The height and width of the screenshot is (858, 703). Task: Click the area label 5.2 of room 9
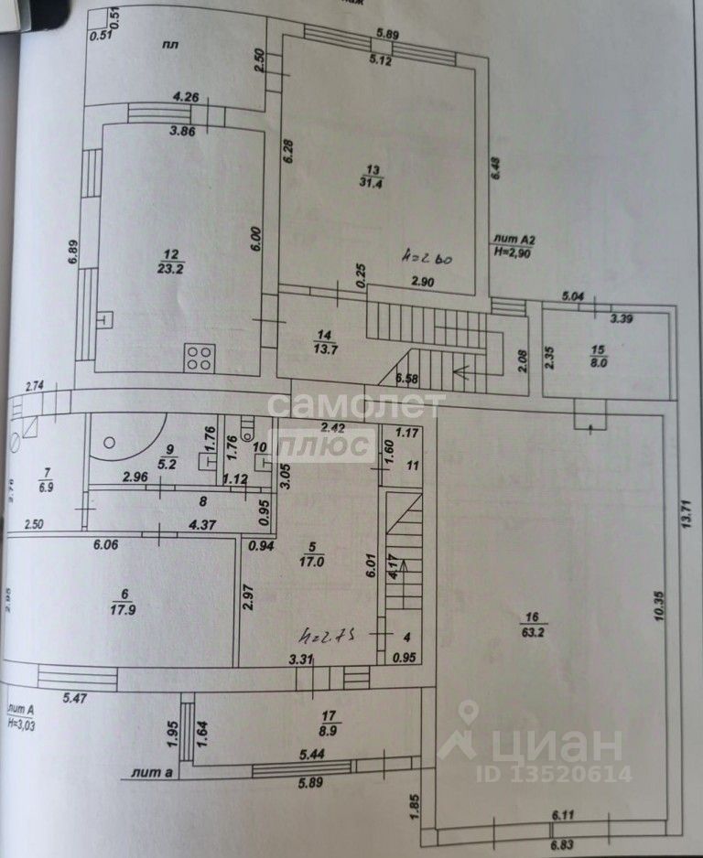pyautogui.click(x=168, y=463)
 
